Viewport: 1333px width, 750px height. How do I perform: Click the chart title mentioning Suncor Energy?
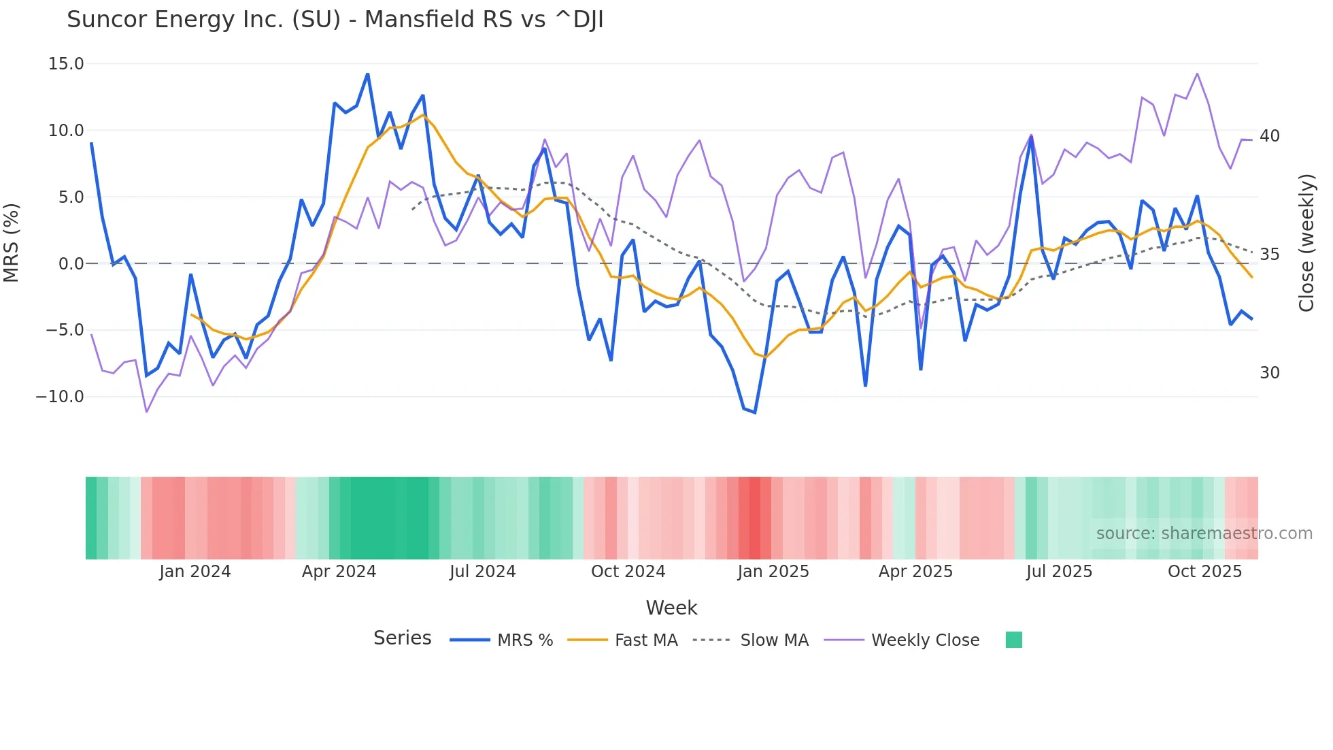pos(335,20)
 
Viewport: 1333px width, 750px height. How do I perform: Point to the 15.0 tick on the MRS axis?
pos(66,64)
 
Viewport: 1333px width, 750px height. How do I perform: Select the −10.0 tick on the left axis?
pos(60,397)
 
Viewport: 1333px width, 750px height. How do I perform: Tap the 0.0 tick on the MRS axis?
pos(71,264)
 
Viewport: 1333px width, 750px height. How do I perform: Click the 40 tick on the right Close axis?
pos(1269,136)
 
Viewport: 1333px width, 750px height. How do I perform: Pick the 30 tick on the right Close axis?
pos(1269,373)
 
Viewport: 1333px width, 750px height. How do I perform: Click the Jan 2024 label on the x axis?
pos(195,572)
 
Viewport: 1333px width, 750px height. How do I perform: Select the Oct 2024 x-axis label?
pos(628,572)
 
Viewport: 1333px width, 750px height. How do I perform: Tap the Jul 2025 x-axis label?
pos(1059,572)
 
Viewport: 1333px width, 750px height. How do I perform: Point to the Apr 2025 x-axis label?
pos(915,572)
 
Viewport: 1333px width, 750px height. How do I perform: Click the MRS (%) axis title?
pos(12,243)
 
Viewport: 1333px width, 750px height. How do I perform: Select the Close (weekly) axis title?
pos(1306,243)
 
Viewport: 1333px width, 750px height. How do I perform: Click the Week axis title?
pos(671,608)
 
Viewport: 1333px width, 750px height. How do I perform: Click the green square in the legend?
pos(1013,640)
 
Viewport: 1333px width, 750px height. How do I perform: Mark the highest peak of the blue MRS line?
pos(368,74)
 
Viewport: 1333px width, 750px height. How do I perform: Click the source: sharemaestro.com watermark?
pos(1204,534)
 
